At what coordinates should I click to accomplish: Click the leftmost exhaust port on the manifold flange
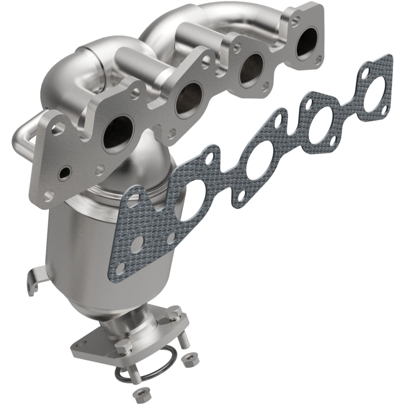pos(117,134)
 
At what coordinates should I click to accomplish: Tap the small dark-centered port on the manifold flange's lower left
pos(65,173)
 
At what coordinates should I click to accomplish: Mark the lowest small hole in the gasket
pos(120,268)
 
